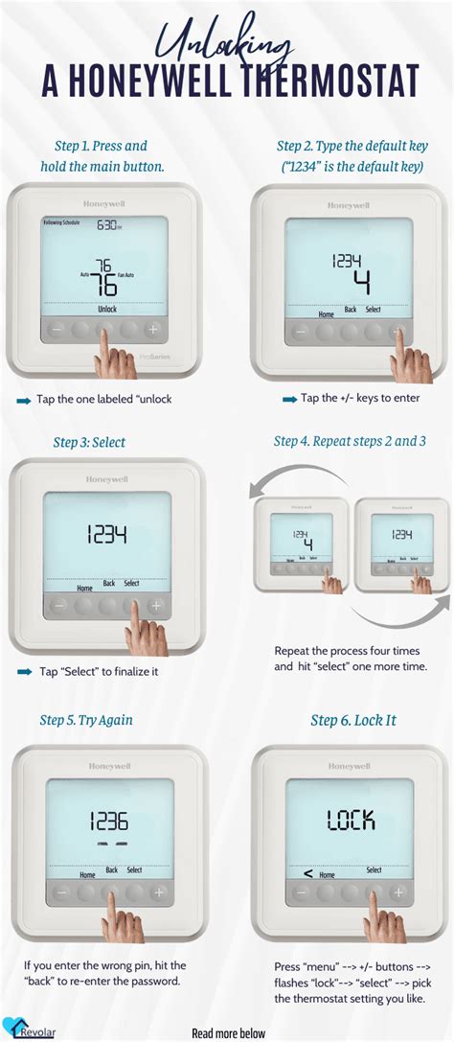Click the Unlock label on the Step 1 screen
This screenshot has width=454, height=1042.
pos(106,310)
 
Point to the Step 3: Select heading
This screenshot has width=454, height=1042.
pos(89,442)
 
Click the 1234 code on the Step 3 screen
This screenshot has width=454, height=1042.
pos(107,535)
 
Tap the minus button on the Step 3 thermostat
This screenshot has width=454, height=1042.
pos(59,606)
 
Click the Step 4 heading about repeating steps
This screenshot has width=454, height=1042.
pos(350,441)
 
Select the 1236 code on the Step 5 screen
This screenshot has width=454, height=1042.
pos(108,821)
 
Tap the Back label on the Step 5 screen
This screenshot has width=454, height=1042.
pos(112,869)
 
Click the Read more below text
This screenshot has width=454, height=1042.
pos(229,1032)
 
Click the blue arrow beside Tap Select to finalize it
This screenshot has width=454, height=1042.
pos(24,672)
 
